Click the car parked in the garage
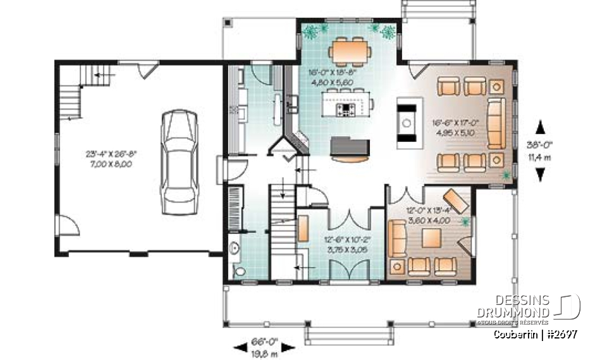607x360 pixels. click(180, 162)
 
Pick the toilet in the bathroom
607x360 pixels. click(239, 270)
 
